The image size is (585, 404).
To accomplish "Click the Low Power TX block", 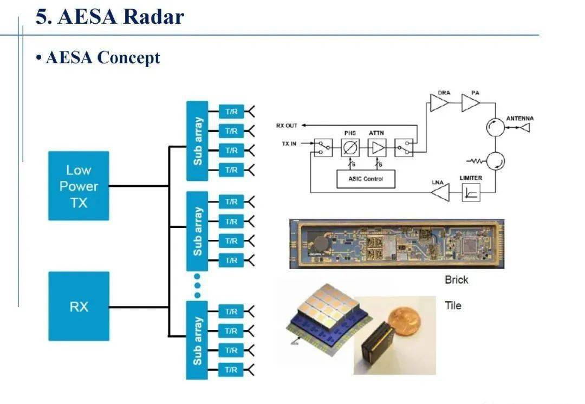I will pyautogui.click(x=79, y=186).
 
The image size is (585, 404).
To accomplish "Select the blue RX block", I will pyautogui.click(x=79, y=307).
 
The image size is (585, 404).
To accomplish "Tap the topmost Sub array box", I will pyautogui.click(x=197, y=141).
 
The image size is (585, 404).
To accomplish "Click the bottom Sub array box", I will pyautogui.click(x=197, y=340).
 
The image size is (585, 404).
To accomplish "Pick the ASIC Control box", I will pyautogui.click(x=366, y=179).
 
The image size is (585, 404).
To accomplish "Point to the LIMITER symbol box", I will pyautogui.click(x=471, y=192).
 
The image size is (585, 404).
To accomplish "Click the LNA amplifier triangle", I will pyautogui.click(x=441, y=192).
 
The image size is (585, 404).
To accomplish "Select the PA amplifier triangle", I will pyautogui.click(x=470, y=103).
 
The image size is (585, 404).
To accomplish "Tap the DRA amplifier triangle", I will pyautogui.click(x=439, y=103).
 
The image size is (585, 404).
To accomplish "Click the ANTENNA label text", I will pyautogui.click(x=519, y=118).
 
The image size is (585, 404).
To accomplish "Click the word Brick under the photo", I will pyautogui.click(x=456, y=280).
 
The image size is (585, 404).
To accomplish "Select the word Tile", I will pyautogui.click(x=453, y=305).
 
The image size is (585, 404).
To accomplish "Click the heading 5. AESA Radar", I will pyautogui.click(x=110, y=16).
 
